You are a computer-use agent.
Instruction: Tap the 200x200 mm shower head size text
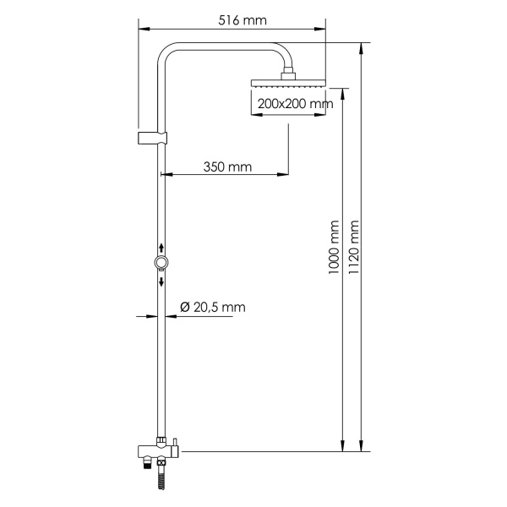pos(292,104)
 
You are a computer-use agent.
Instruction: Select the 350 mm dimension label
pos(227,166)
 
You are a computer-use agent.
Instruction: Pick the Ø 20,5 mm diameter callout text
pos(213,308)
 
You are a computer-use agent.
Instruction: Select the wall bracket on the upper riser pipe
pos(152,138)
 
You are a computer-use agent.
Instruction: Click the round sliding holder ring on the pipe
pos(161,264)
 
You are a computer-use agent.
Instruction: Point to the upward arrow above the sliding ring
pos(161,248)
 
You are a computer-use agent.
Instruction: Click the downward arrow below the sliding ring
pos(161,281)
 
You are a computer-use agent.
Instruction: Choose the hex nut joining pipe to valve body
pos(161,439)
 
